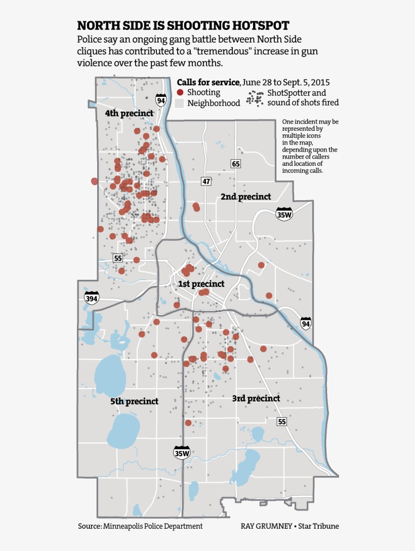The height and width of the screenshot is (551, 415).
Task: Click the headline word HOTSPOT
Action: coord(259,26)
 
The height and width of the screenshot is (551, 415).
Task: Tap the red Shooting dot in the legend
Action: coord(180,93)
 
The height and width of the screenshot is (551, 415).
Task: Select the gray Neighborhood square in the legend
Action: coord(180,103)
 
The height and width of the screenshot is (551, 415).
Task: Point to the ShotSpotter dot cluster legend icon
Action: coord(255,98)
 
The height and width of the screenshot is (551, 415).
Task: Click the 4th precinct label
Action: coord(129,114)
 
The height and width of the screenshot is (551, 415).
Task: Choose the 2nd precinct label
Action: coord(246,197)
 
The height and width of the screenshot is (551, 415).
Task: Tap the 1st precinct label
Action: coord(201,284)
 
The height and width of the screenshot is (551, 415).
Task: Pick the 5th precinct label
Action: coord(134,401)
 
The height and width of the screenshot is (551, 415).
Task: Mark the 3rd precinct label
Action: coord(256,398)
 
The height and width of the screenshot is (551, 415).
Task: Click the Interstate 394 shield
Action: coord(92,298)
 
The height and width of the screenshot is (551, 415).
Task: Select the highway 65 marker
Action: coord(235,163)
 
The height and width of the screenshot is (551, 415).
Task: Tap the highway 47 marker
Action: coord(205,181)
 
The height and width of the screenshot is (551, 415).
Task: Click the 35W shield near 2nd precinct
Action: coord(284,214)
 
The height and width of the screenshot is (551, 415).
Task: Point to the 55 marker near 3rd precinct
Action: coord(282,422)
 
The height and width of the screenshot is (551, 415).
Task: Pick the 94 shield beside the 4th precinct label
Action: coord(161,99)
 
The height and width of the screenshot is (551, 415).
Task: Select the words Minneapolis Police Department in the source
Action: coord(153,526)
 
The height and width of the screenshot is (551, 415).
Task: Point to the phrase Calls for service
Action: coord(208,82)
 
